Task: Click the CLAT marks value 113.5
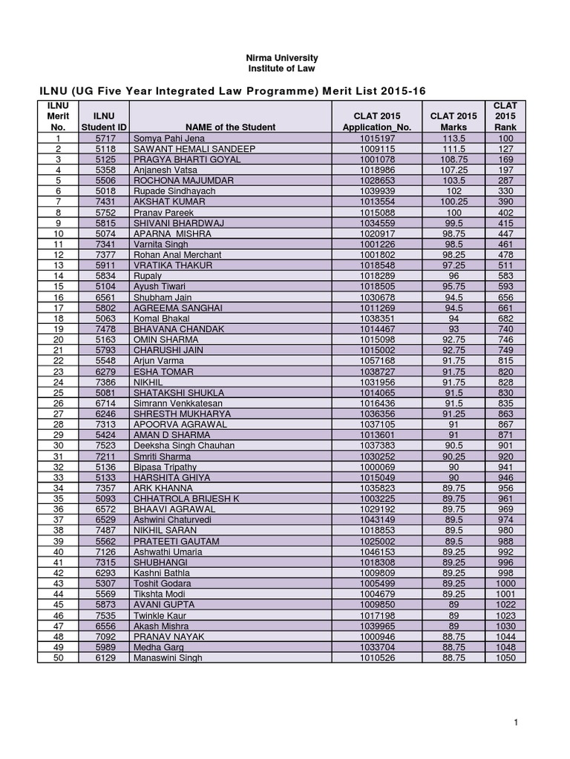(453, 139)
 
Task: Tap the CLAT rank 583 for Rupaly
(505, 276)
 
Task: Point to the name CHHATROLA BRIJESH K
(186, 499)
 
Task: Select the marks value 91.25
(453, 414)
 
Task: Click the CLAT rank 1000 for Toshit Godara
(505, 583)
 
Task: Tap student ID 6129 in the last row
(105, 657)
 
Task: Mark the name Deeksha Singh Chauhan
(183, 445)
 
